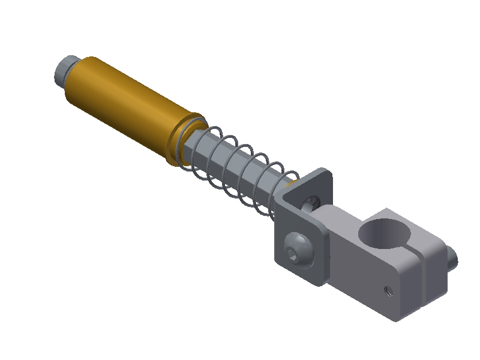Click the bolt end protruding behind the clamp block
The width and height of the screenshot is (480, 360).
(452, 257)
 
